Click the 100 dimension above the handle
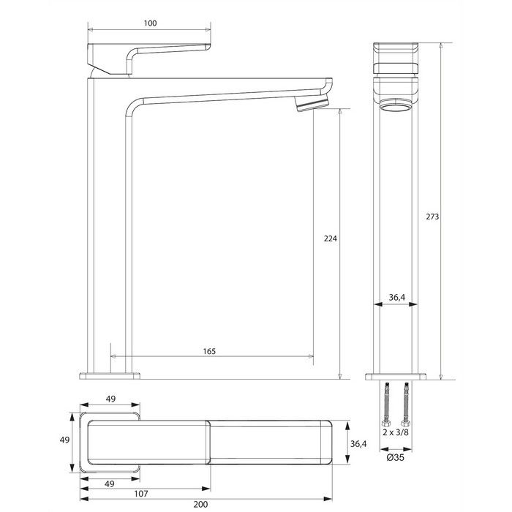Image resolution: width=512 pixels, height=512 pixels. [x=150, y=24]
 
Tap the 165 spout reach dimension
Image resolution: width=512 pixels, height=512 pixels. [x=208, y=352]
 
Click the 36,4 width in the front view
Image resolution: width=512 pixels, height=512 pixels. [x=396, y=297]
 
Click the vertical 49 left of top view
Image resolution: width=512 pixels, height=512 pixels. [x=65, y=440]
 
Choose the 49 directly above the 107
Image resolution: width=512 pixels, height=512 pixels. [x=109, y=484]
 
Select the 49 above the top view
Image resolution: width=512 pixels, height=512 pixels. [x=109, y=399]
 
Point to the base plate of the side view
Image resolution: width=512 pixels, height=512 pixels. [x=109, y=376]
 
